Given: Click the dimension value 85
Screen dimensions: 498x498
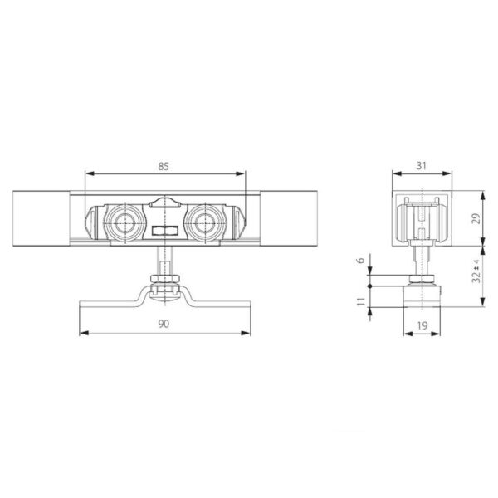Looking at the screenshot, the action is click(x=164, y=166).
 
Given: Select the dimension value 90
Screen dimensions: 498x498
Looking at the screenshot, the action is click(x=164, y=324).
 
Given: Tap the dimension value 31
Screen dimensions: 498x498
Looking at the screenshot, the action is click(x=421, y=165).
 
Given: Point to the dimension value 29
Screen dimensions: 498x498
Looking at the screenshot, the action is click(x=476, y=218).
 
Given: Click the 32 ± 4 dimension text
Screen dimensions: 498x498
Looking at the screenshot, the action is click(x=476, y=271).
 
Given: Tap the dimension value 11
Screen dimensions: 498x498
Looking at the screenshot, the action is click(x=361, y=301).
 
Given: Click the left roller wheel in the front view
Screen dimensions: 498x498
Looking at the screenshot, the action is click(x=124, y=222).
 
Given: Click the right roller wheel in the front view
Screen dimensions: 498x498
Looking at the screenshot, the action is click(x=205, y=222).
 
